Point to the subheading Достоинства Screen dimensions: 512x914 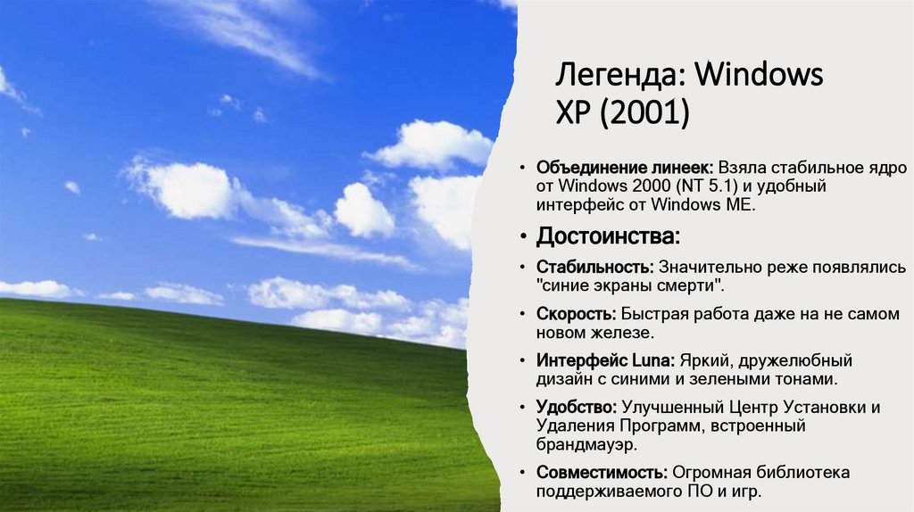tap(607, 237)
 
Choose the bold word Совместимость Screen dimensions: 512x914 tap(602, 473)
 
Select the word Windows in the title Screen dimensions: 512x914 tap(759, 75)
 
